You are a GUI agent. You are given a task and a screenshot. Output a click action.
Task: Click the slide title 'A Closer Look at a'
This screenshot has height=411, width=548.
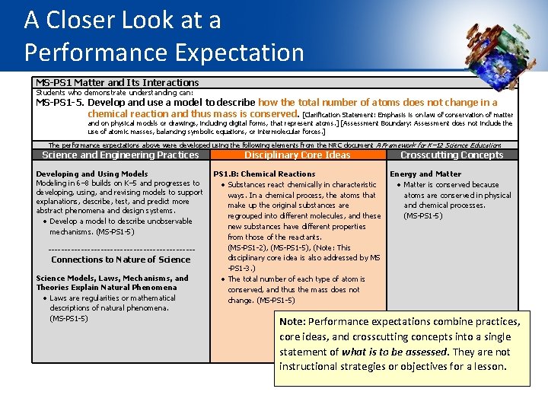pyautogui.click(x=123, y=21)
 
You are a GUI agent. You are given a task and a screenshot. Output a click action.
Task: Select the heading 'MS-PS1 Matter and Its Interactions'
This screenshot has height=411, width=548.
pyautogui.click(x=117, y=82)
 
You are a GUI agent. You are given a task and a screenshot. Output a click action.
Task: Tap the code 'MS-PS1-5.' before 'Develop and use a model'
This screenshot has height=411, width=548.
pyautogui.click(x=65, y=102)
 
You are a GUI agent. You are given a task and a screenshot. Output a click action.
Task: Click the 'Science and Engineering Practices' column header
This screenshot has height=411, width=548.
pyautogui.click(x=120, y=155)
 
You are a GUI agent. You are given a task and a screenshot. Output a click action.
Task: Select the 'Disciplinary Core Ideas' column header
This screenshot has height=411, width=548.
pyautogui.click(x=297, y=155)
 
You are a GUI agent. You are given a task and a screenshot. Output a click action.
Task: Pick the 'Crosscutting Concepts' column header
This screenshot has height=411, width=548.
pyautogui.click(x=451, y=155)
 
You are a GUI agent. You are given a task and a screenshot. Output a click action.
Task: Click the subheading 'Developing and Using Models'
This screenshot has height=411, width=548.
pyautogui.click(x=92, y=174)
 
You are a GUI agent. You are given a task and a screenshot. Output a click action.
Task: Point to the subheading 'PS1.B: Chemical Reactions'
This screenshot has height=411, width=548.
pyautogui.click(x=263, y=174)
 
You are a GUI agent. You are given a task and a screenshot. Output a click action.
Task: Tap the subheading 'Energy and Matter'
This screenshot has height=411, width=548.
pyautogui.click(x=425, y=174)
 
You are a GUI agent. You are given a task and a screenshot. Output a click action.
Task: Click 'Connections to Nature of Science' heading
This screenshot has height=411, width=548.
pyautogui.click(x=120, y=260)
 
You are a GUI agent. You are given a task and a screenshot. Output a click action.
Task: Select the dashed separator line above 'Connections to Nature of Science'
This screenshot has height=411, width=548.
pyautogui.click(x=121, y=249)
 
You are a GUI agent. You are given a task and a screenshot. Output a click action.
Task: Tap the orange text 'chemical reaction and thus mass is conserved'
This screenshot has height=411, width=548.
pyautogui.click(x=199, y=113)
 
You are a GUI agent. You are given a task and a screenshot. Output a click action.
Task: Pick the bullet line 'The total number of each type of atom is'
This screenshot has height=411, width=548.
pyautogui.click(x=297, y=279)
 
